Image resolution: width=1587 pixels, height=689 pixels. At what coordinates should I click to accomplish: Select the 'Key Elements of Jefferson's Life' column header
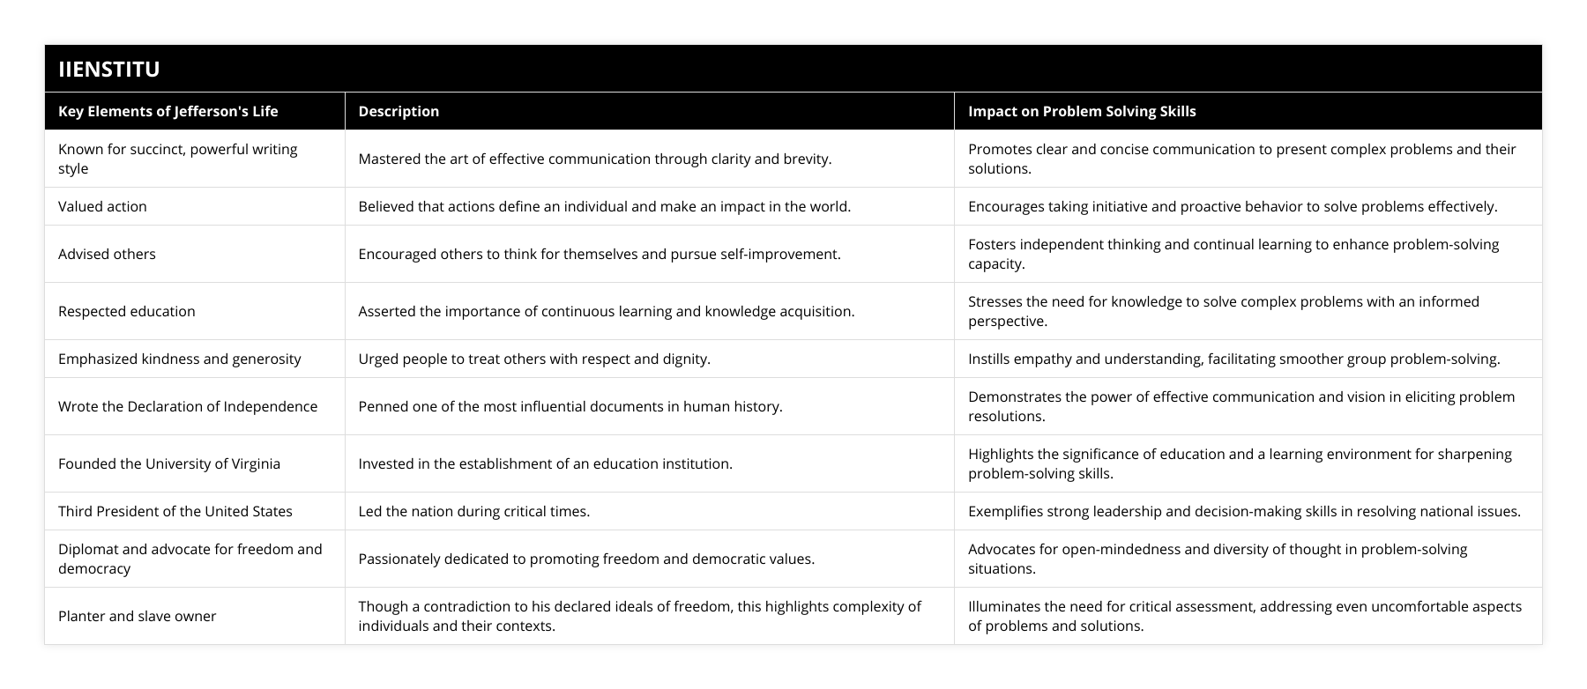(168, 111)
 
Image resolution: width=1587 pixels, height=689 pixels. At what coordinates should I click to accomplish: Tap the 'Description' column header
(399, 111)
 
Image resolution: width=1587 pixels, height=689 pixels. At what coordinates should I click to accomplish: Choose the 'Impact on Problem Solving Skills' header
(1082, 111)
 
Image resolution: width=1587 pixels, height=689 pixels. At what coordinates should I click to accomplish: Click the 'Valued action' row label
(102, 206)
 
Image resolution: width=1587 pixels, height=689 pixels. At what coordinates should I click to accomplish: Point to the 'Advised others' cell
(107, 254)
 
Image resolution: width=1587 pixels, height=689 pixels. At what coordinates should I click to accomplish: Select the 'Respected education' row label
(127, 311)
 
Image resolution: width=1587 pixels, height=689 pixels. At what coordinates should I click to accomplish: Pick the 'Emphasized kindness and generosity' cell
(179, 359)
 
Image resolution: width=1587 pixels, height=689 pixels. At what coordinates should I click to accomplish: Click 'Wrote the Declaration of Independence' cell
(188, 406)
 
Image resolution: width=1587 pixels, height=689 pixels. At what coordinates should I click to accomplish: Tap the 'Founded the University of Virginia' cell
(169, 463)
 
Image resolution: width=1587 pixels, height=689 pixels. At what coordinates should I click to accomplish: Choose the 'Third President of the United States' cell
(175, 511)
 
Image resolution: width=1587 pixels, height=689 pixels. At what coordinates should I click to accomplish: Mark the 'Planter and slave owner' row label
(137, 616)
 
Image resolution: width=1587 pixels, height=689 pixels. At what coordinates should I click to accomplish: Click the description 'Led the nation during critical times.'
(473, 511)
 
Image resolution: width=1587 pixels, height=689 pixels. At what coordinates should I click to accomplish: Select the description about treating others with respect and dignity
(534, 359)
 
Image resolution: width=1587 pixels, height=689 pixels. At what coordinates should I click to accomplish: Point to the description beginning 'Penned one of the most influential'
(570, 406)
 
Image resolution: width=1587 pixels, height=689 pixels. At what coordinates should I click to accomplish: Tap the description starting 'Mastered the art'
(594, 159)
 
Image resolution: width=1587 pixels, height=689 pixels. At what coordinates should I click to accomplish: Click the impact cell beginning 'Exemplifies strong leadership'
(1244, 511)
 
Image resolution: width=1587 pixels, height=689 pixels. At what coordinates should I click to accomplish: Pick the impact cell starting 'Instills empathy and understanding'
(1233, 359)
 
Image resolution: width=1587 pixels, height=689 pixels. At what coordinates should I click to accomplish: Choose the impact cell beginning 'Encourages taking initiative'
(1233, 206)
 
